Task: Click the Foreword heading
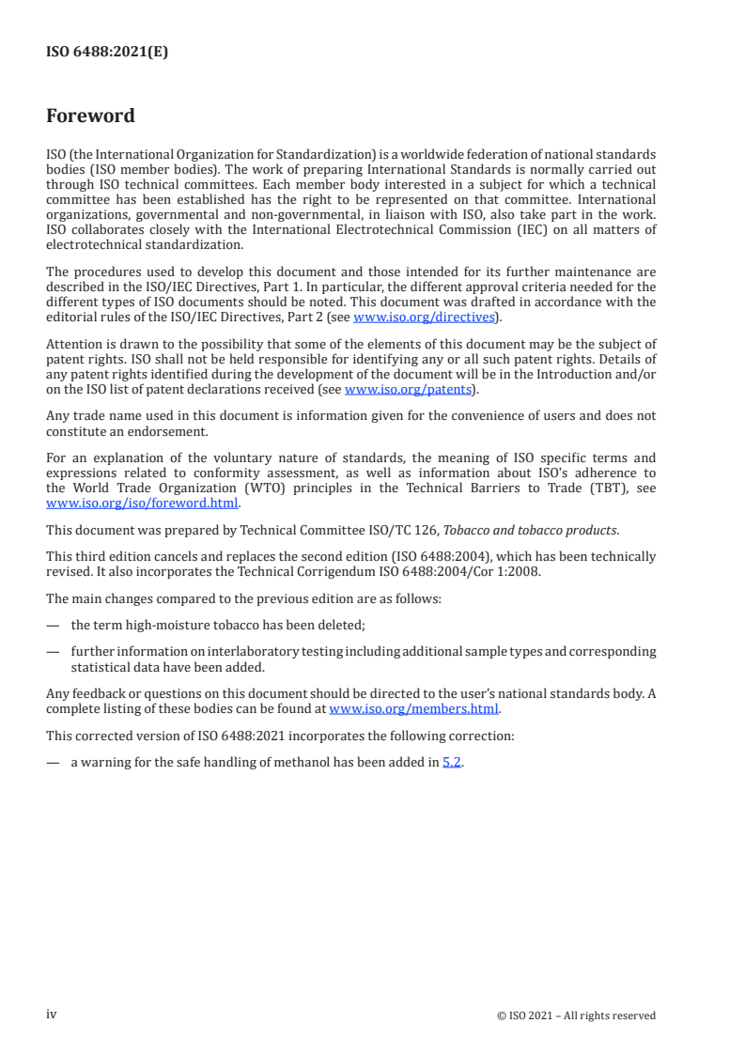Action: [x=90, y=116]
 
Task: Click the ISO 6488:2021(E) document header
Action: [x=107, y=53]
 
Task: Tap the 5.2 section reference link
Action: [x=452, y=762]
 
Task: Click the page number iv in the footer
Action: [x=52, y=1015]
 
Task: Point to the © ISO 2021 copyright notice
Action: [x=576, y=1015]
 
